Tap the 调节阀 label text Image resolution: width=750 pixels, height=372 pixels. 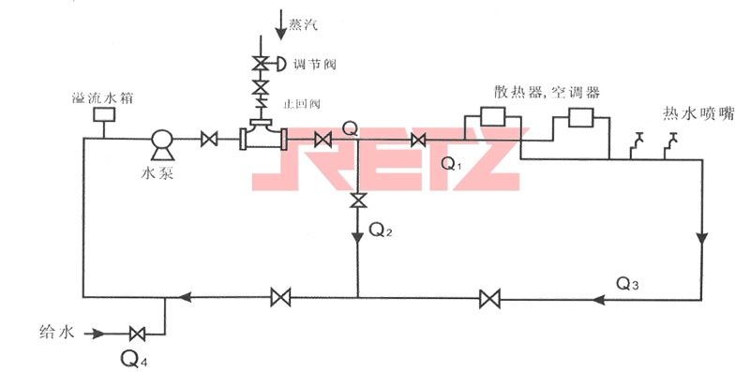[314, 65]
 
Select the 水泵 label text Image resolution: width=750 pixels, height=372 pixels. [160, 172]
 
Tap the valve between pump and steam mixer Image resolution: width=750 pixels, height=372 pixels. [209, 141]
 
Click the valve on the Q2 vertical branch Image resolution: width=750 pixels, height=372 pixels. [357, 201]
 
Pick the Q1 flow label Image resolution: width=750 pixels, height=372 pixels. [453, 164]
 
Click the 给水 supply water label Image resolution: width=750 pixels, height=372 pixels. [56, 331]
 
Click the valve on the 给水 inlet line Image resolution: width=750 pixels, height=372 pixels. [138, 333]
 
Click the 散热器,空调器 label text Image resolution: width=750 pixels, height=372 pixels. [547, 92]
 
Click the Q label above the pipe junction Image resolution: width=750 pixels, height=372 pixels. [350, 126]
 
